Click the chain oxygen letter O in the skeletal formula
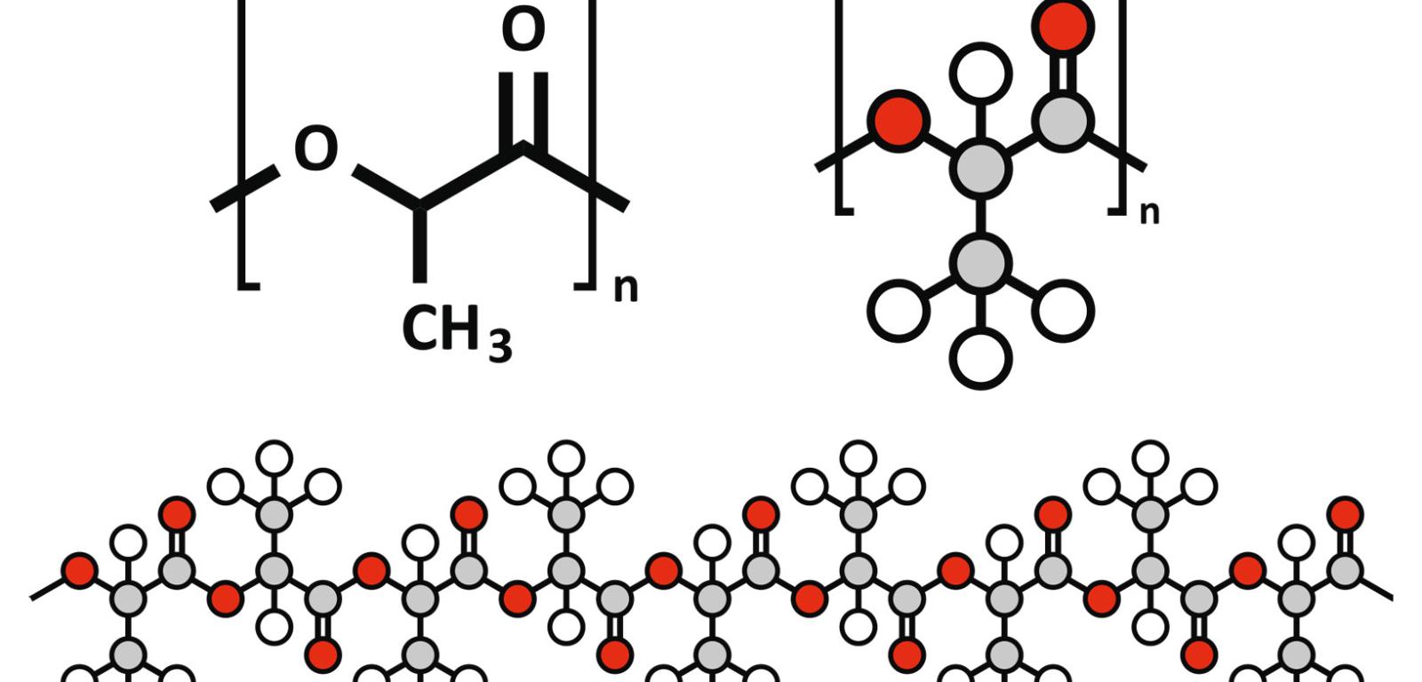316,149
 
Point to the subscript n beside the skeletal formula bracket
626,289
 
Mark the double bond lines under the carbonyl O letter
523,107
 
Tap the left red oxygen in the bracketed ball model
899,121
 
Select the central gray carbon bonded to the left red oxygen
981,168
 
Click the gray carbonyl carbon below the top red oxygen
1063,121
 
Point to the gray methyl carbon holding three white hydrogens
981,263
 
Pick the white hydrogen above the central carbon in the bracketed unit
981,74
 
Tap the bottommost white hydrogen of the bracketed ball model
981,358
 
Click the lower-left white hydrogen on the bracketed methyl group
899,311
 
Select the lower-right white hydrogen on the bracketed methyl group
1063,311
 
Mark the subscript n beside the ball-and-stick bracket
1149,213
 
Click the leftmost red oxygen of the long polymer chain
80,571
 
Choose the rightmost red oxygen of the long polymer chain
1345,514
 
